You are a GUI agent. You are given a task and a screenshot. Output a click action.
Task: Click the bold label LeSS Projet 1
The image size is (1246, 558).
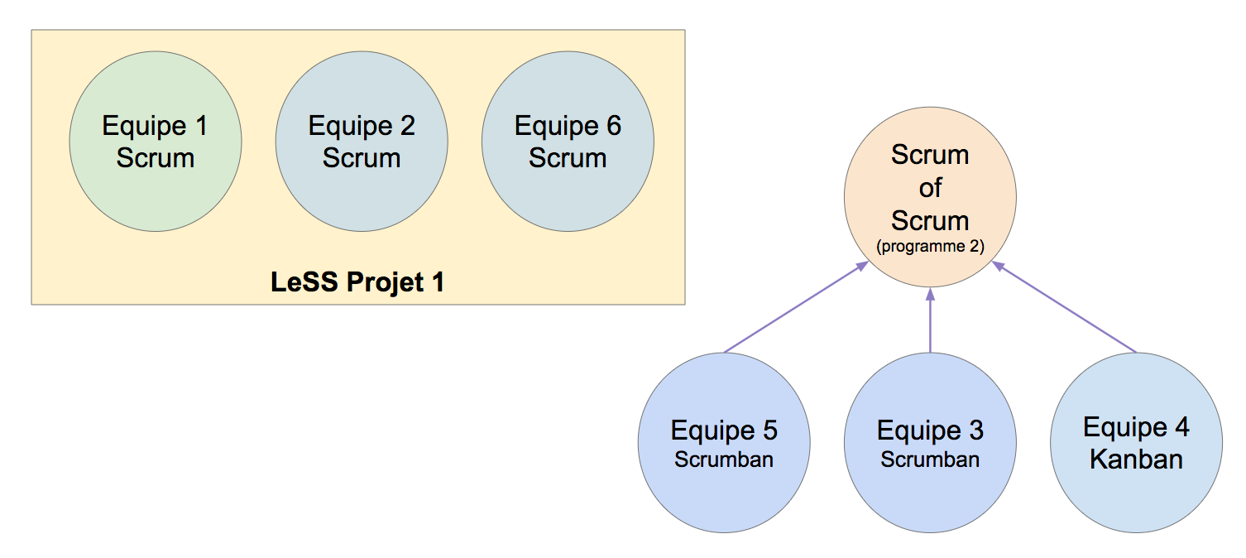click(357, 282)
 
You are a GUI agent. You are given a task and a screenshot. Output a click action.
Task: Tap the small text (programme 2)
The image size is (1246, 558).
click(930, 246)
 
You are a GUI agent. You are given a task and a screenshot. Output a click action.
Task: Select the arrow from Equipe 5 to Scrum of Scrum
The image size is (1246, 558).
click(796, 307)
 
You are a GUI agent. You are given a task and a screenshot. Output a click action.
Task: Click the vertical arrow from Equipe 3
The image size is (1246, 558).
click(930, 320)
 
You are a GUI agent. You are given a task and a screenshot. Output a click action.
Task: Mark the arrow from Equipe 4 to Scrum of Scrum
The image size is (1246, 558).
click(1064, 307)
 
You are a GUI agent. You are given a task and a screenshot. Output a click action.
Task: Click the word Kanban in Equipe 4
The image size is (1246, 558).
click(1136, 459)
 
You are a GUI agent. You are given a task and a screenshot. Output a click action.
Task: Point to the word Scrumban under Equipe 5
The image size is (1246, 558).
click(724, 459)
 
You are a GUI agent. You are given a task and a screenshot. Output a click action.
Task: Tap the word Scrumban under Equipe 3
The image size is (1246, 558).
click(930, 459)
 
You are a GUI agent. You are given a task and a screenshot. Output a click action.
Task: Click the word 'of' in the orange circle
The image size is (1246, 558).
click(930, 188)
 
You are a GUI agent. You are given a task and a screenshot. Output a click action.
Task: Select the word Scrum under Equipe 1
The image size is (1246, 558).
click(156, 158)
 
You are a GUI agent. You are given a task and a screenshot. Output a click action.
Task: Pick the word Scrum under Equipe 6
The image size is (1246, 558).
click(568, 158)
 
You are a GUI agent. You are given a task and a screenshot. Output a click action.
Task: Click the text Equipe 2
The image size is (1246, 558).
click(362, 127)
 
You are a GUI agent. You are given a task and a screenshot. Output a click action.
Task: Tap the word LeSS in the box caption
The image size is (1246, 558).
click(304, 282)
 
